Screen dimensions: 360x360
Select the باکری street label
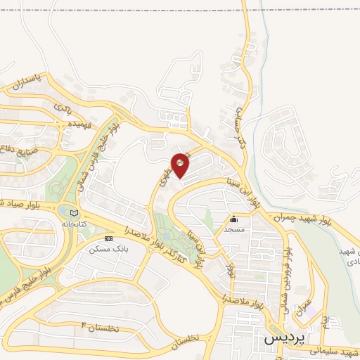[x=60, y=108]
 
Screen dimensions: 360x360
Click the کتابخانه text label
[x=76, y=224]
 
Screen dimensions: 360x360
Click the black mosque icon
[x=233, y=219]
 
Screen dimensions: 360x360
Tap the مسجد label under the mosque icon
[x=233, y=230]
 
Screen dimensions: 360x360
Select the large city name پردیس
[x=281, y=338]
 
